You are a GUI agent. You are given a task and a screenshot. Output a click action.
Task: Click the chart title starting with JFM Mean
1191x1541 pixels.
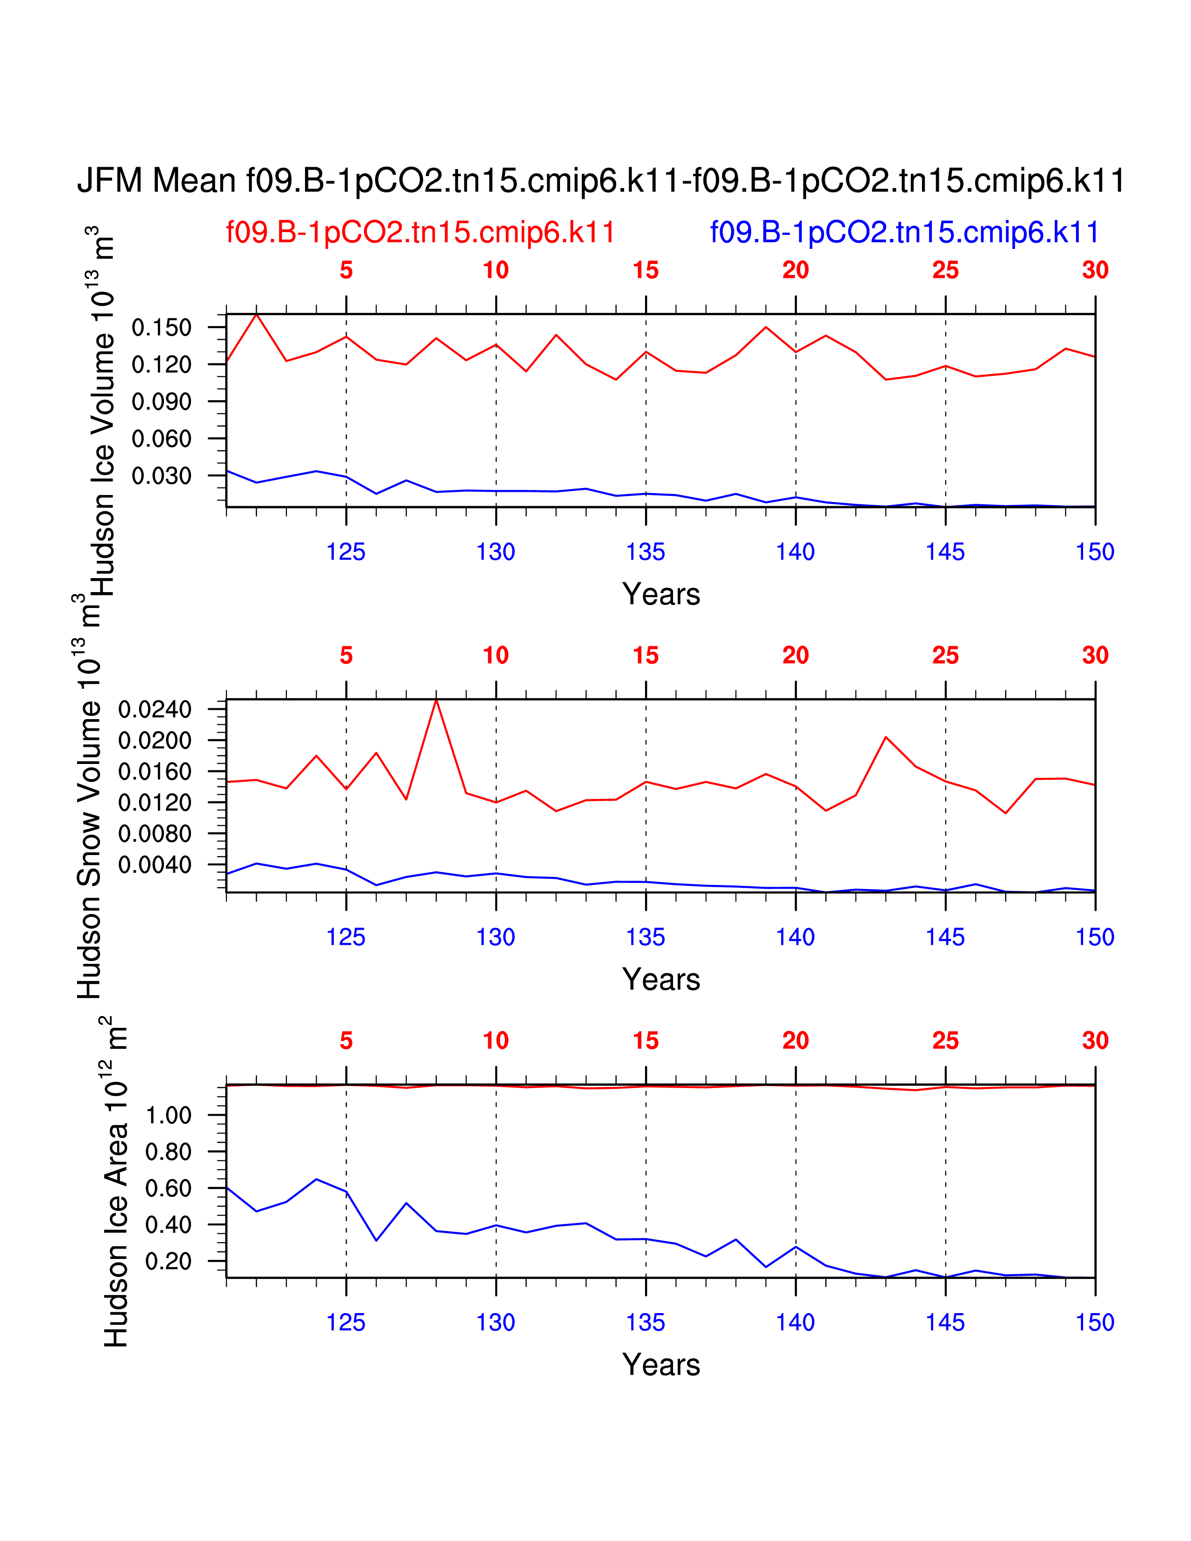601,181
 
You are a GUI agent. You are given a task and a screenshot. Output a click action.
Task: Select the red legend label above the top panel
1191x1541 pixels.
420,232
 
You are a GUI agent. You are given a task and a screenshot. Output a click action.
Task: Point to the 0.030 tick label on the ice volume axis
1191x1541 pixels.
162,475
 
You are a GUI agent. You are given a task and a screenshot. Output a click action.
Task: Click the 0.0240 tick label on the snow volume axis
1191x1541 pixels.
155,709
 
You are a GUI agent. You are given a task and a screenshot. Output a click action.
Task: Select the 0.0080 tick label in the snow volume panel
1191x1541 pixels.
155,833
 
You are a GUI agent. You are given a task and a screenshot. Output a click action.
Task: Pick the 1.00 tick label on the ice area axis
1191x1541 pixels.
168,1116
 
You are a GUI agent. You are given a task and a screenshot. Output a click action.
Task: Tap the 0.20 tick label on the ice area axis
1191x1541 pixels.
168,1261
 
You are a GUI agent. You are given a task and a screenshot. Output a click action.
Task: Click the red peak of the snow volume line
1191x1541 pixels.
436,700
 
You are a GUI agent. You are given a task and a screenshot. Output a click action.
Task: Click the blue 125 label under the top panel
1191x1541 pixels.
346,552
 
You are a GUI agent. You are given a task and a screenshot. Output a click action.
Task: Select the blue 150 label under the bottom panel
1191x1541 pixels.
1094,1322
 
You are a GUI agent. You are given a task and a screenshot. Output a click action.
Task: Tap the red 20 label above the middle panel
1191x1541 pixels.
795,656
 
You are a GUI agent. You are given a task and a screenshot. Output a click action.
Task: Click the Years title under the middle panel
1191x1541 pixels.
661,979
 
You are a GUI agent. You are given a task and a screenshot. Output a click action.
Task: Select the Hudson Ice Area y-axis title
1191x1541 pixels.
116,1182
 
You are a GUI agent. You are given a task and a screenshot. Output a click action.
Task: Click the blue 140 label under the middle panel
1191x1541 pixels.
795,937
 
